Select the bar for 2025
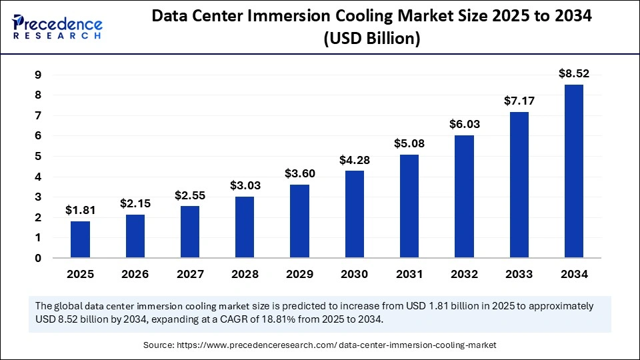80,239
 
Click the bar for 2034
573,171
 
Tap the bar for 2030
354,214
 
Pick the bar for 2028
244,227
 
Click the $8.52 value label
573,74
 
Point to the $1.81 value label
80,210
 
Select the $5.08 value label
409,143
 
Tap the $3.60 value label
299,173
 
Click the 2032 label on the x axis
463,274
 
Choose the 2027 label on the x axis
189,274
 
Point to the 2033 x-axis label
519,274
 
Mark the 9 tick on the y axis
39,75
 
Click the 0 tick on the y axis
39,258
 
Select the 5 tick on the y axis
39,157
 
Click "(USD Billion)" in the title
371,39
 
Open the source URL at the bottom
360,345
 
